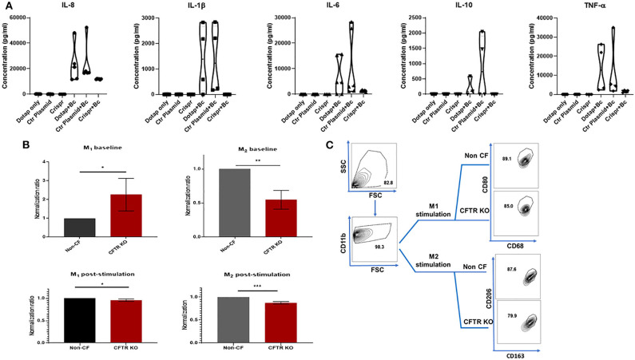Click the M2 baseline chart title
tap(264, 150)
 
